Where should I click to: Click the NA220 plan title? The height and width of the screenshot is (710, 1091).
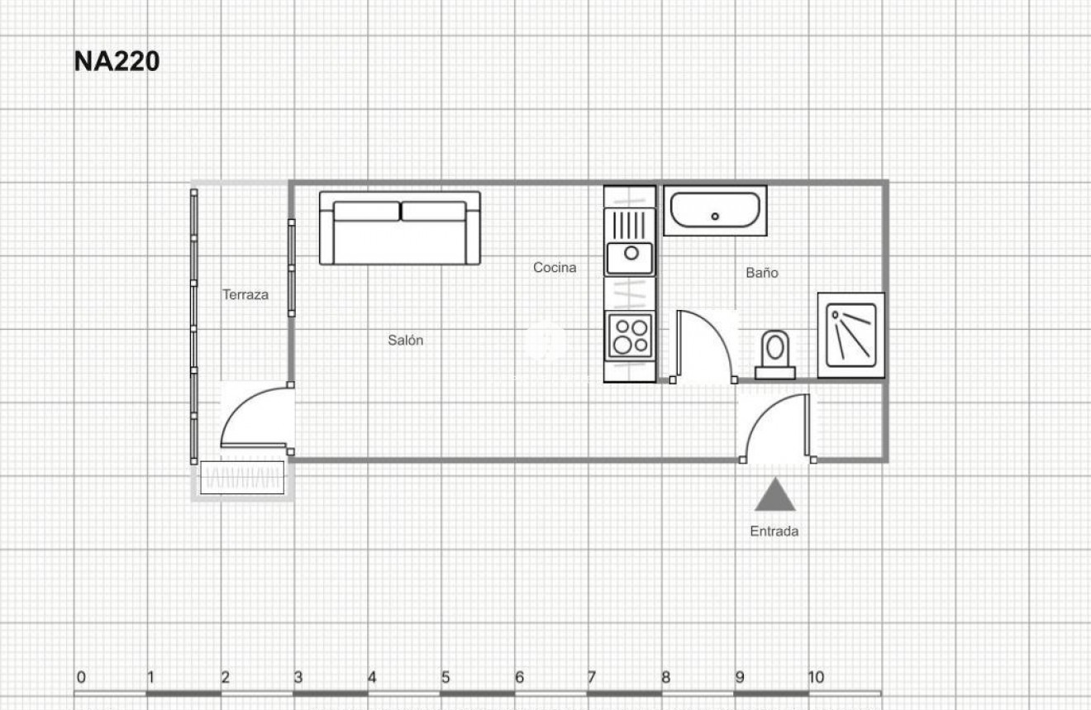117,62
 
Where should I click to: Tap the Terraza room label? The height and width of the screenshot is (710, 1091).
245,294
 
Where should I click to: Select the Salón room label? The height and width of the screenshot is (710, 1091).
406,340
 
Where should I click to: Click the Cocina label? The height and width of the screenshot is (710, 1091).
555,267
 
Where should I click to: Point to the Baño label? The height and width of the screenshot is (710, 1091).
762,272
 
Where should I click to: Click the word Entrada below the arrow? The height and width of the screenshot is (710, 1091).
774,531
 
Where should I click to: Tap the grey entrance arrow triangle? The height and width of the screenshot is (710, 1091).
775,496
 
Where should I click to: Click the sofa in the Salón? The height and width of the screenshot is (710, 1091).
400,228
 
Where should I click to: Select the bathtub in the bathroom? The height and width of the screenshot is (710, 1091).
714,211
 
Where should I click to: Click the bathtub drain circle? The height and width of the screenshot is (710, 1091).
715,217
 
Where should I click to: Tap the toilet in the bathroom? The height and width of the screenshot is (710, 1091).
775,354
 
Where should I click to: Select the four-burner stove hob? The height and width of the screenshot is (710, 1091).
631,336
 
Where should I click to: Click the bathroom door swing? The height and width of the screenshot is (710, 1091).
703,347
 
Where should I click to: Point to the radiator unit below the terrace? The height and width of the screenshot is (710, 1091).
243,478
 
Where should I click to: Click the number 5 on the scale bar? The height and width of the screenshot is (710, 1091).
445,678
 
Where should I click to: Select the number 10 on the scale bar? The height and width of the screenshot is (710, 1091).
816,678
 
